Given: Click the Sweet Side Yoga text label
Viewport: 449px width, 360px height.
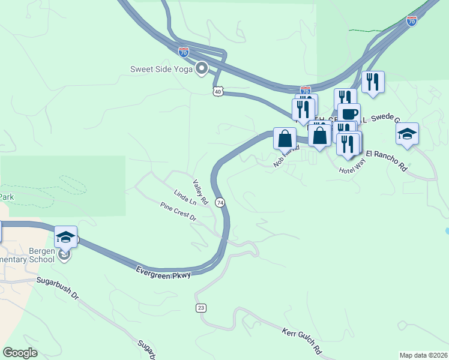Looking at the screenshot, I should (x=161, y=68).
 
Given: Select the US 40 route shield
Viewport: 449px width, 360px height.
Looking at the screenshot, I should (x=217, y=91).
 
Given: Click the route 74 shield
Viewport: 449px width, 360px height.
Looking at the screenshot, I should (x=220, y=203).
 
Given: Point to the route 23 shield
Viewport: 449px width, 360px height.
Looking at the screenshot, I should (x=200, y=308).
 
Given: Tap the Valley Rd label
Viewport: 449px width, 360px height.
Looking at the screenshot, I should (x=200, y=191).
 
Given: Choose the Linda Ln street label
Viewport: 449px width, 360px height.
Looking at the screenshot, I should (x=185, y=198).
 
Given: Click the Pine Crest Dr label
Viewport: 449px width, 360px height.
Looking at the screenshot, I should (x=178, y=212).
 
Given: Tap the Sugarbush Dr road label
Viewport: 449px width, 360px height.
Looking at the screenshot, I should (x=57, y=287).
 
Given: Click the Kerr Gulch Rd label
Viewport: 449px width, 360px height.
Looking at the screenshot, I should (x=303, y=340).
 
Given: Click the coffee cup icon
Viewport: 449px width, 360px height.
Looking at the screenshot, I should (x=349, y=113).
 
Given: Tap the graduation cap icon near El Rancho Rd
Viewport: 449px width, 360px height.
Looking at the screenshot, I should (x=407, y=134).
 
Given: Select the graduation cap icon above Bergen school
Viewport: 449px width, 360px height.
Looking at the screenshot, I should (x=65, y=236).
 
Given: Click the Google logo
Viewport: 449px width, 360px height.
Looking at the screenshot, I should (x=20, y=353).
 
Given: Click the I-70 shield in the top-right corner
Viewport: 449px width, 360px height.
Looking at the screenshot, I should (x=411, y=22).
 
